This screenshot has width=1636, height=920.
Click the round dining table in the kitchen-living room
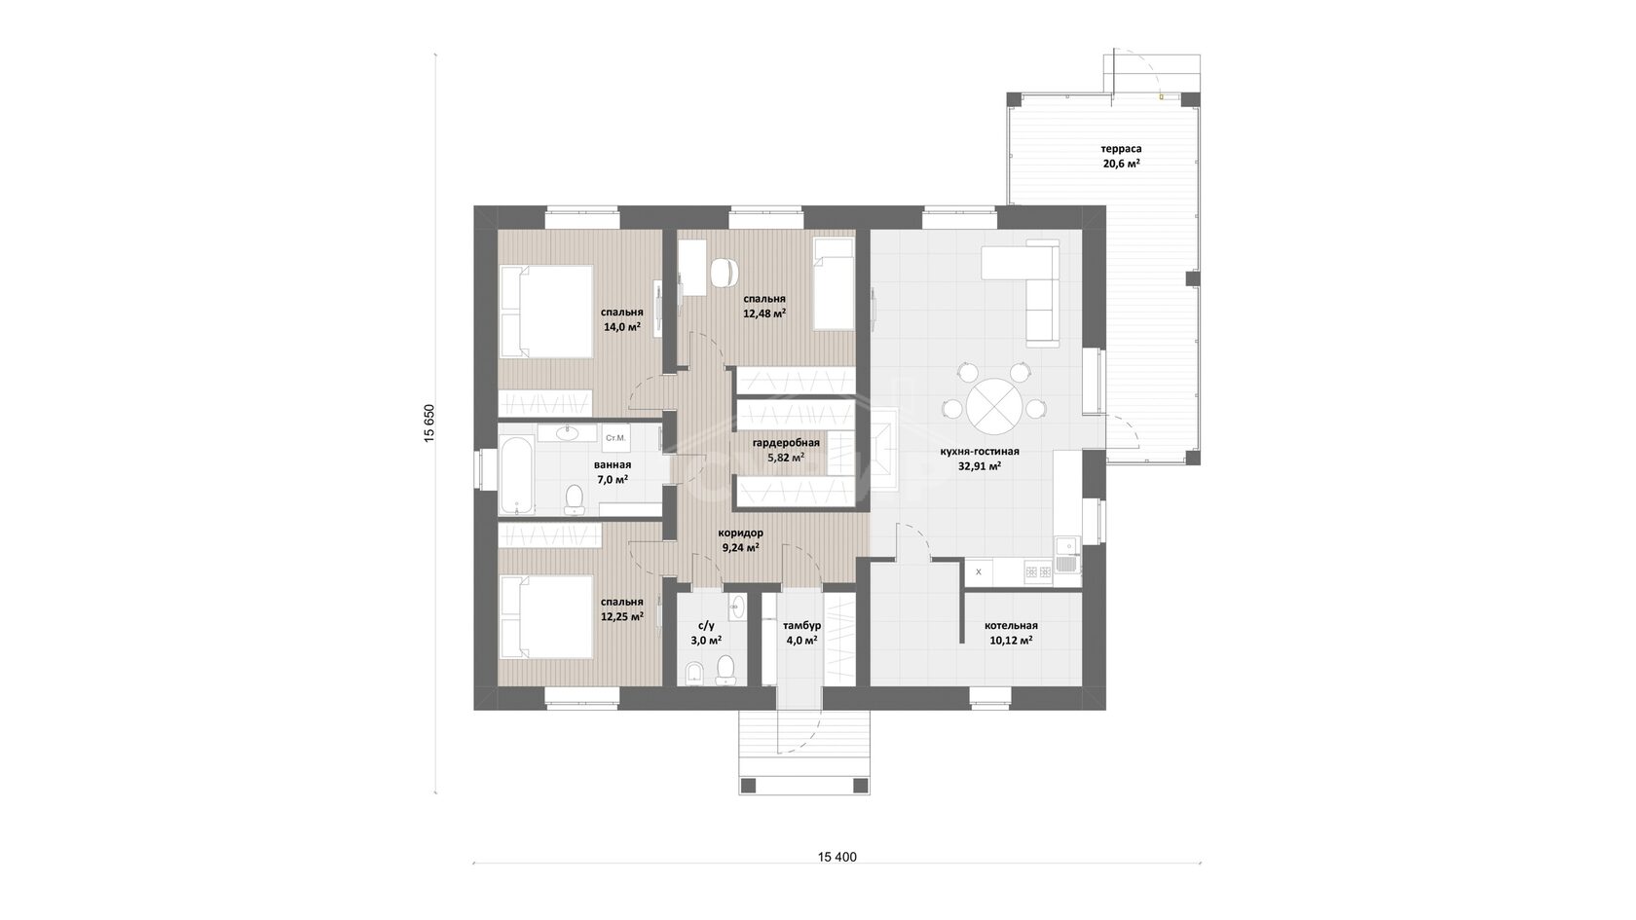click(x=995, y=405)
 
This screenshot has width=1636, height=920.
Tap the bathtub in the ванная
click(x=516, y=475)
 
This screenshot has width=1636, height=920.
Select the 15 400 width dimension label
click(x=837, y=857)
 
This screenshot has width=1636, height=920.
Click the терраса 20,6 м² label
click(x=1121, y=156)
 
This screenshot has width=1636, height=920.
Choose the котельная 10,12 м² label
click(x=1011, y=633)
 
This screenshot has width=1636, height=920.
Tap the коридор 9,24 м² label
click(x=740, y=539)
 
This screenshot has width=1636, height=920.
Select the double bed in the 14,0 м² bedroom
click(x=545, y=312)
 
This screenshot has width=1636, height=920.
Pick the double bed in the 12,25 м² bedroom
click(x=545, y=617)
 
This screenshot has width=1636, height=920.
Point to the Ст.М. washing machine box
click(x=615, y=438)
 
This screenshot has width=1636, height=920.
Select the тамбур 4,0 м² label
click(x=801, y=633)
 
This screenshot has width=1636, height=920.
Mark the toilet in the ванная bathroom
click(x=575, y=499)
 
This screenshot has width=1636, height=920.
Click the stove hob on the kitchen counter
click(x=1038, y=570)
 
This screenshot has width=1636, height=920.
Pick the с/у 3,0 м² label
click(x=705, y=633)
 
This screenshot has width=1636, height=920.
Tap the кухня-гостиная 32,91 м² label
click(x=980, y=459)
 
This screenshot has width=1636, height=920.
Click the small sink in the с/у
click(x=737, y=605)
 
